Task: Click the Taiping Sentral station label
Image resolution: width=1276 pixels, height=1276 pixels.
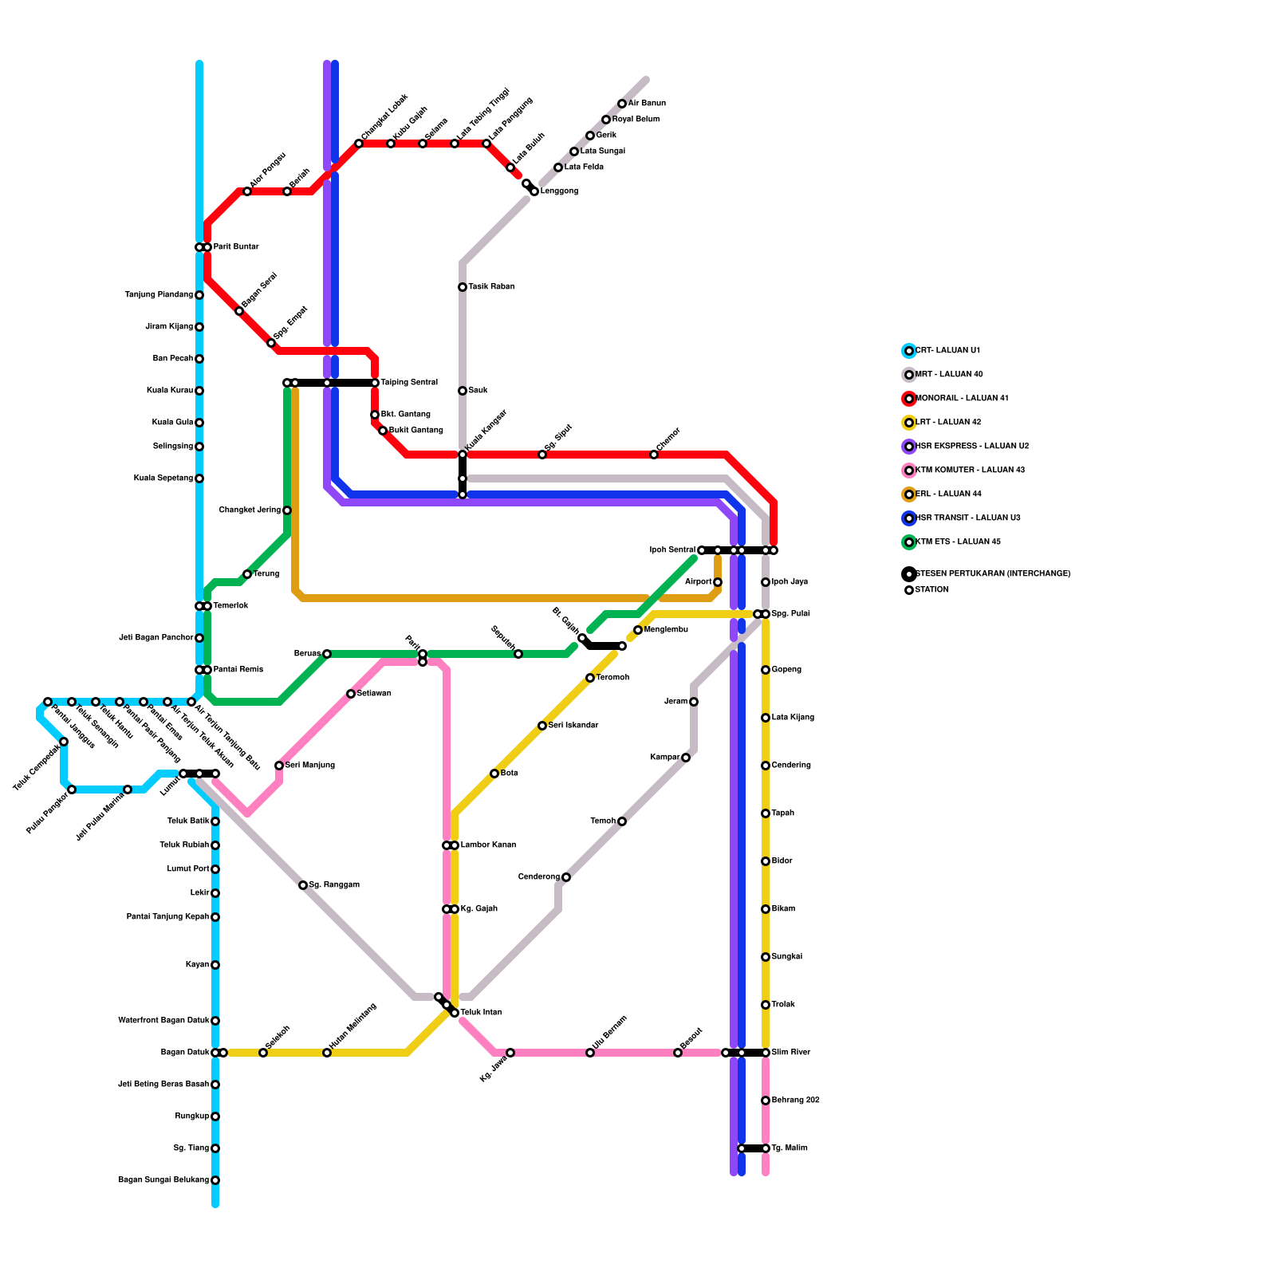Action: tap(408, 383)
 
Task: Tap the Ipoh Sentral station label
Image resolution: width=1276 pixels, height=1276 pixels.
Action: tap(672, 550)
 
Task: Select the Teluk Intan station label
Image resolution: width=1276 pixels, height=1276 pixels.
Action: tap(481, 1013)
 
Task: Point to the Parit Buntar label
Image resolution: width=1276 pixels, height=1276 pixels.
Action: tap(235, 247)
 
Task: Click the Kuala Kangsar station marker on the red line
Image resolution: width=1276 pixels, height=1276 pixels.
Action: tap(463, 455)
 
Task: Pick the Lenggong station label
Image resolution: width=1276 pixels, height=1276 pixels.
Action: tap(559, 191)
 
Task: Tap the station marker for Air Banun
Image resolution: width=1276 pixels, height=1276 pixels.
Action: tap(622, 104)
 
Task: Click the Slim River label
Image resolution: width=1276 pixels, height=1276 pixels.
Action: tap(791, 1053)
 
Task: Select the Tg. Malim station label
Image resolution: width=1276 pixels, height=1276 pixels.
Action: tap(790, 1148)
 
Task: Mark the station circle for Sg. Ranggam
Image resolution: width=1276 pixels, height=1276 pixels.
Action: tap(303, 885)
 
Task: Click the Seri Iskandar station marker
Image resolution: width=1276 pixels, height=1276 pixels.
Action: tap(542, 726)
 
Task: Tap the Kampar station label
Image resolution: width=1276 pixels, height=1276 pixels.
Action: tap(665, 758)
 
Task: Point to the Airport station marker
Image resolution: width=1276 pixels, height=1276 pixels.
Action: tap(718, 582)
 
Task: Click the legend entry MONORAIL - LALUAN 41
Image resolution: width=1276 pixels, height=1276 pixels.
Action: tap(961, 399)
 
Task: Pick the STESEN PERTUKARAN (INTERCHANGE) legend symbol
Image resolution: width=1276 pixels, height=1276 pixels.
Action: tap(909, 574)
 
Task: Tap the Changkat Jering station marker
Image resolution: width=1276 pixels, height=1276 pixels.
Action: tap(287, 510)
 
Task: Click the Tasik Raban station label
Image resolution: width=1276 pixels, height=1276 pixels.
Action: tap(491, 287)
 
